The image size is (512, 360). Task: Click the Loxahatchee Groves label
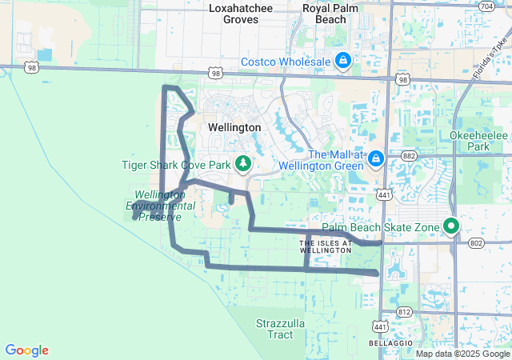point(240,14)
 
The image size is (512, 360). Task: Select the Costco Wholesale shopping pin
point(343,61)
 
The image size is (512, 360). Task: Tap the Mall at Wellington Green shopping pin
point(375,161)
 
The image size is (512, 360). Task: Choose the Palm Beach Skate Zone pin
point(451,227)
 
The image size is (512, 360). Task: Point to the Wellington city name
point(234,127)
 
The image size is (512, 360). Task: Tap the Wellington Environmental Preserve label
point(160,206)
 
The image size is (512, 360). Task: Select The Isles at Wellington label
point(325,246)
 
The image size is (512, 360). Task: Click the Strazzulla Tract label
point(275,329)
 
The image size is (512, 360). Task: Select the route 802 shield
point(477,242)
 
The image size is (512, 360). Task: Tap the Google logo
point(26,350)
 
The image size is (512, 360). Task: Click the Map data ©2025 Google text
point(462,354)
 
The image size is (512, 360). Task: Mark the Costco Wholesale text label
point(286,62)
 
